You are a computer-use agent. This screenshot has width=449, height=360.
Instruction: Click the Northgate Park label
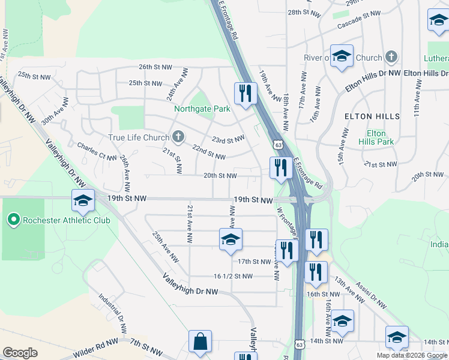tap(202, 109)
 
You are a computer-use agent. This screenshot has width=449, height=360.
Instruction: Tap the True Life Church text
tap(139, 137)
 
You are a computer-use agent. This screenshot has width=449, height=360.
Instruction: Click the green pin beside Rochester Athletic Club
tap(14, 220)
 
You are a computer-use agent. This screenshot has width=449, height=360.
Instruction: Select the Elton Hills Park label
tap(376, 137)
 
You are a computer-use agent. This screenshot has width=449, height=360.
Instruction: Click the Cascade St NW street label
tap(359, 21)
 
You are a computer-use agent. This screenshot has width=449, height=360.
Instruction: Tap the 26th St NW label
tap(155, 67)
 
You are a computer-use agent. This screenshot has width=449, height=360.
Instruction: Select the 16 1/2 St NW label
tap(233, 276)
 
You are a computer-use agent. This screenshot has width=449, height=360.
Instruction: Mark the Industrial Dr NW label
tap(113, 313)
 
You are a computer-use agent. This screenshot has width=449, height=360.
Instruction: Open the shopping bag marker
tap(200, 342)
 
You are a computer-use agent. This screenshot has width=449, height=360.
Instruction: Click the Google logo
tap(20, 353)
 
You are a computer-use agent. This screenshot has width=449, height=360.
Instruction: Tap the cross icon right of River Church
tap(391, 58)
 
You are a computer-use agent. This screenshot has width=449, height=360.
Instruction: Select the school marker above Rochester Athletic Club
tap(83, 201)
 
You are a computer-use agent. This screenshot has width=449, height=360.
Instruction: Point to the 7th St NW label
tap(146, 346)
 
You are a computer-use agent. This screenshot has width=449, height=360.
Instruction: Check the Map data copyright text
tap(412, 355)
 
